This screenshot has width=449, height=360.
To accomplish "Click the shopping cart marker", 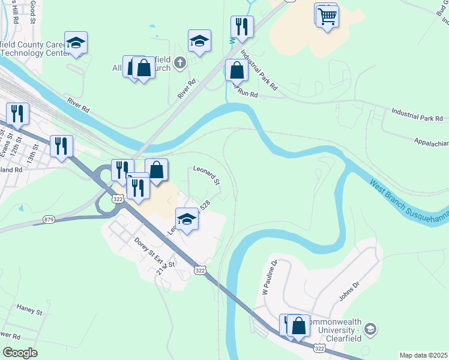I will [327, 16].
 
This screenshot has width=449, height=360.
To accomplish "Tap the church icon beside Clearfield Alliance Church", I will [179, 62].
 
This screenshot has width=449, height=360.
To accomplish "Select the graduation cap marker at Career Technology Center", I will [76, 43].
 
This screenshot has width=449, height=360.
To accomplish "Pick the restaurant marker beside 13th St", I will [61, 146].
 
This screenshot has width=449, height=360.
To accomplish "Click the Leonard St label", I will [206, 176].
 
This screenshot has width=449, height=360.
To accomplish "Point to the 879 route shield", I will [49, 220].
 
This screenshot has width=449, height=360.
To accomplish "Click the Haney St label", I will [29, 311].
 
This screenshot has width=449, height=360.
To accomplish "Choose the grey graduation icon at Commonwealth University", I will [370, 328].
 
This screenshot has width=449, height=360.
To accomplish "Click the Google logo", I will [20, 353].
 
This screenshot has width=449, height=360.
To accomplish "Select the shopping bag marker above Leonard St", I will [156, 170].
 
